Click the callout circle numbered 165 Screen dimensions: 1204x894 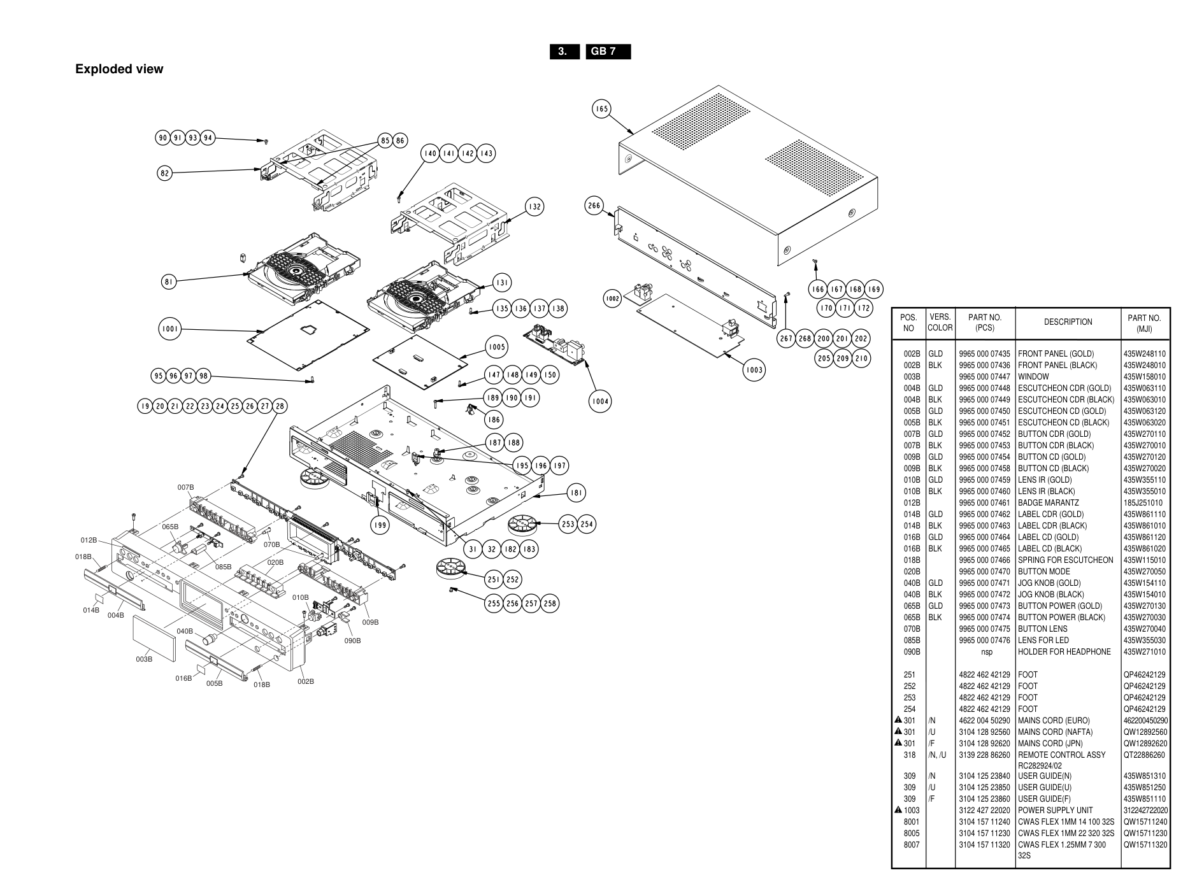(601, 109)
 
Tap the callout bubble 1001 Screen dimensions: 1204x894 (169, 329)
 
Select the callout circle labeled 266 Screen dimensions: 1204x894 (594, 206)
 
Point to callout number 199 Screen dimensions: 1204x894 (380, 525)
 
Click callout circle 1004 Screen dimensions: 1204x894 (599, 401)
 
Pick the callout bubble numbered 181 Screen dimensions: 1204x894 (576, 492)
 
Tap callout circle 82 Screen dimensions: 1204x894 (165, 173)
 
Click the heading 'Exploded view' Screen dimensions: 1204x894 (119, 69)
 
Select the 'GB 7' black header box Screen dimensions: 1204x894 (608, 52)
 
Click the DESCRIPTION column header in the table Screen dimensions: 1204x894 (1068, 322)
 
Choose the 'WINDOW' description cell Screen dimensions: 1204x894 (1033, 377)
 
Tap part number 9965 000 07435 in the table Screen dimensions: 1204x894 (984, 354)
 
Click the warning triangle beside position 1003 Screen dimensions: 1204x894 (898, 810)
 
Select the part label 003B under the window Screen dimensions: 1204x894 (144, 659)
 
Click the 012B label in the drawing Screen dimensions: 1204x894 (89, 541)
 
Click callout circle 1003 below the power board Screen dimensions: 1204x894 (754, 370)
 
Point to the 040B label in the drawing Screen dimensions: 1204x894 (185, 631)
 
